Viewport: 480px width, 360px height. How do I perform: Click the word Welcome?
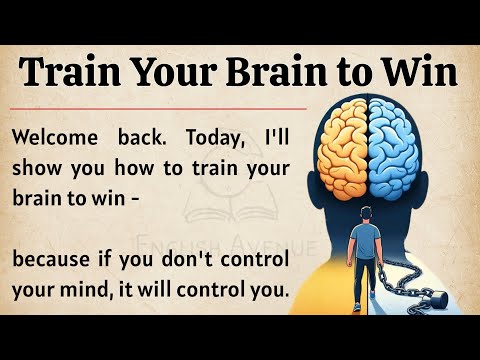(55, 134)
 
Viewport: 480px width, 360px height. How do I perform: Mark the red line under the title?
(160, 107)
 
